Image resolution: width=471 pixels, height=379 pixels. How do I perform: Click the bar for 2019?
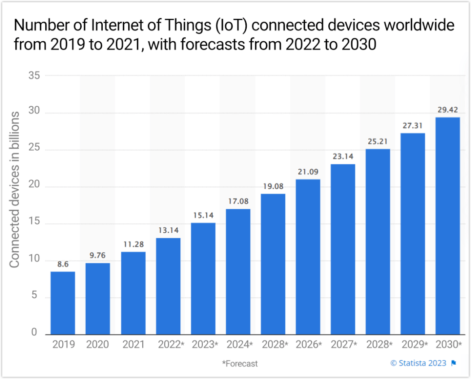62,303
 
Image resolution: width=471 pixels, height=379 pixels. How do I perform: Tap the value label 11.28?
133,244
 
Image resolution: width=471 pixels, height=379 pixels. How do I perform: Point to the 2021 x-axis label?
133,345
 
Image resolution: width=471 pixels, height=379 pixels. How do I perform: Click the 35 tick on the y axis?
34,76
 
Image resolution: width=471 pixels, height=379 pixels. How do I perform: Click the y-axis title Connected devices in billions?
15,190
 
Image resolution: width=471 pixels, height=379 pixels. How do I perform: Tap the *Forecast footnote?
240,363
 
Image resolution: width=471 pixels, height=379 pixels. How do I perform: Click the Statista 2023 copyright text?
418,363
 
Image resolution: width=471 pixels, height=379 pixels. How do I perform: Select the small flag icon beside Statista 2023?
454,363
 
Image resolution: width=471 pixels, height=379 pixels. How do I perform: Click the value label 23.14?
343,157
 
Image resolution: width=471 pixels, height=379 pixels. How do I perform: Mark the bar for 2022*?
168,286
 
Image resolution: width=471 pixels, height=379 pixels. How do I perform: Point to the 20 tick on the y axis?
34,187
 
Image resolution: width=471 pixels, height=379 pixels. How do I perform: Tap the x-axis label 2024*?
238,345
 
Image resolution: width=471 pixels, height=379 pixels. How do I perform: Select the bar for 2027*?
343,249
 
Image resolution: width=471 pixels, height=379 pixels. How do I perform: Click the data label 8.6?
62,264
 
